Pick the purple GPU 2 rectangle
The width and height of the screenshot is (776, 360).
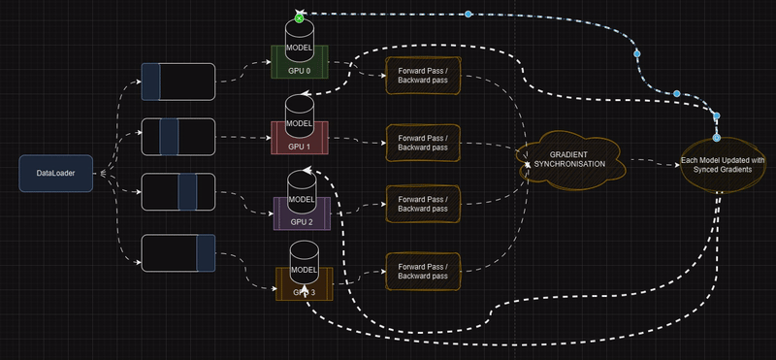pos(301,217)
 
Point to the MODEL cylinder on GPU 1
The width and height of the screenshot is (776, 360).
pos(300,115)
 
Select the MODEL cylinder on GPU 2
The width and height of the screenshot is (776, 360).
pos(301,190)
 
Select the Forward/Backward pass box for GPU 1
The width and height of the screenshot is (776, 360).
pos(422,142)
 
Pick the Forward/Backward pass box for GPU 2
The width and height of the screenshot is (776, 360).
pos(422,203)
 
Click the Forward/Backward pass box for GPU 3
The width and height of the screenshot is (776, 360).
pos(422,269)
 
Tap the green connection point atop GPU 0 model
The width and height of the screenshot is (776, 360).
pos(300,17)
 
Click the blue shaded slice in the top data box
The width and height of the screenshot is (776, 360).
pos(151,82)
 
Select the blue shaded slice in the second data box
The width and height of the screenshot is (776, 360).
pos(170,136)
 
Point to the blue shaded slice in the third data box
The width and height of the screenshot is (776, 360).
pos(187,191)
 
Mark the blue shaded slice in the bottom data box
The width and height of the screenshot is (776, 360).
pos(205,252)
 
